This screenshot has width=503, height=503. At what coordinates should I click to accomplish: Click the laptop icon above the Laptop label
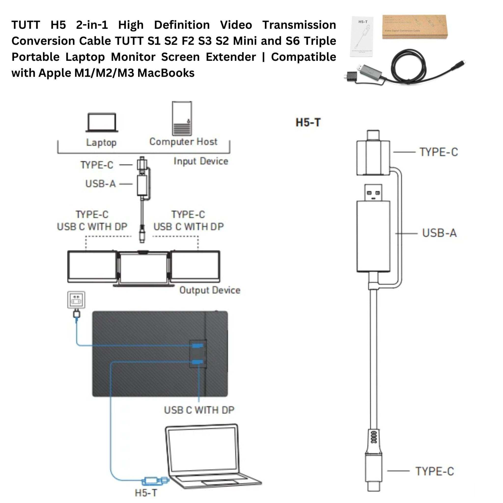[101, 122]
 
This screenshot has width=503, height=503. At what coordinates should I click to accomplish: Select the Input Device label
[201, 161]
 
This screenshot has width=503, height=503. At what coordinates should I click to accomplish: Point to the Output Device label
[210, 290]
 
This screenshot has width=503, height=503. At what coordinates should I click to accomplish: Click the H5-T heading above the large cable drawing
[308, 123]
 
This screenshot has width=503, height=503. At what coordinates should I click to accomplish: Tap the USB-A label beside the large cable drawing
[439, 233]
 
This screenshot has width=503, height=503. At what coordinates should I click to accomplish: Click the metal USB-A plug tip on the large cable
[373, 192]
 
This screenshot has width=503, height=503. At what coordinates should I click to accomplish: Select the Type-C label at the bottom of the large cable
[434, 478]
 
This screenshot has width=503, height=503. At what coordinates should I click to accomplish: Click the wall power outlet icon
[76, 300]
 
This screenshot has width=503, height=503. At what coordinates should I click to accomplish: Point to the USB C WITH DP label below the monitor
[199, 410]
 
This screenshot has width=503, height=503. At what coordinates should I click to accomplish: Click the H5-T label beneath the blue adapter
[146, 493]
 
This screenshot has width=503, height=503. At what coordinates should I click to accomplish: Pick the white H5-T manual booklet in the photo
[363, 36]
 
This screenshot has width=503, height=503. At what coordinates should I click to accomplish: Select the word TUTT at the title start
[26, 25]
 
